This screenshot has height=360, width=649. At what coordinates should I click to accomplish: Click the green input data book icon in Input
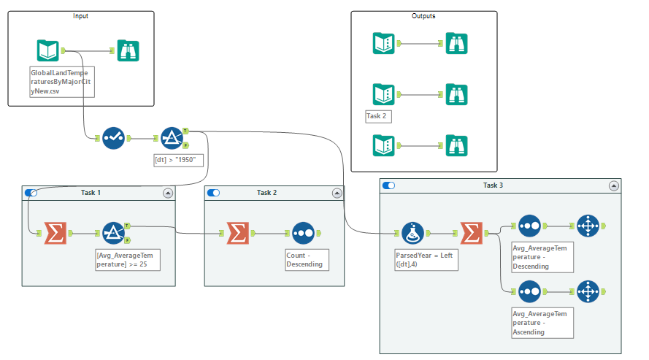[x=48, y=50]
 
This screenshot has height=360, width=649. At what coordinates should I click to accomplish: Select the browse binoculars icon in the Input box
[x=128, y=50]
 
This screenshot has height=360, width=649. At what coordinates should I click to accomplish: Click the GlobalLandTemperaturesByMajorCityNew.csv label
[x=62, y=82]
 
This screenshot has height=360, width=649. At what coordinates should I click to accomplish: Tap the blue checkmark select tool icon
[x=113, y=137]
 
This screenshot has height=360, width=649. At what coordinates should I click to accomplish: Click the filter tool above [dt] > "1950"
[x=172, y=137]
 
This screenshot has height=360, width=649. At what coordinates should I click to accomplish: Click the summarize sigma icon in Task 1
[x=54, y=233]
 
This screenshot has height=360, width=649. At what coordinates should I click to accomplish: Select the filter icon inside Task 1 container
[x=114, y=233]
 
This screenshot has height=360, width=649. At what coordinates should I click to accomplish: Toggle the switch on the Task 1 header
[x=31, y=193]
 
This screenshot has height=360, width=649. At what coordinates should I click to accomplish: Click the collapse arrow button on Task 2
[x=337, y=193]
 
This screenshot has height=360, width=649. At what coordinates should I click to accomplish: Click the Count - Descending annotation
[x=305, y=259]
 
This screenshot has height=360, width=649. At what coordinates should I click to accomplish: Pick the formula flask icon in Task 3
[x=412, y=233]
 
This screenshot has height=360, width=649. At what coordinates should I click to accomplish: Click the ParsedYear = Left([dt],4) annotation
[x=426, y=259]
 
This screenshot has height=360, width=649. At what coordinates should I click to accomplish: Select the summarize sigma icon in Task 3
[x=472, y=233]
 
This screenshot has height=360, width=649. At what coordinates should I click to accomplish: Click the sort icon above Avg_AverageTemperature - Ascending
[x=529, y=292]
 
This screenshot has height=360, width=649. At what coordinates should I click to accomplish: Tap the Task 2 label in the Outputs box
[x=379, y=116]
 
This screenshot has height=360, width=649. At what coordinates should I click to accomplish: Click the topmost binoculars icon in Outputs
[x=457, y=43]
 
